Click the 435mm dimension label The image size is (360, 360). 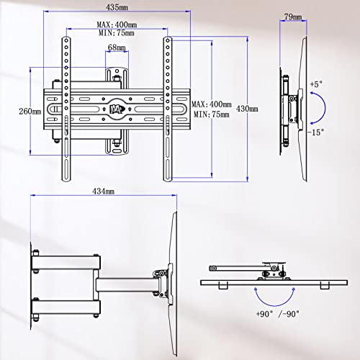(x=117, y=7)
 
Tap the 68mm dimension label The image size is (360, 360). (x=117, y=48)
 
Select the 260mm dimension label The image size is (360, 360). (x=30, y=112)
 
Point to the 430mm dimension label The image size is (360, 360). (x=247, y=109)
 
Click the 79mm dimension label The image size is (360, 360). (x=293, y=17)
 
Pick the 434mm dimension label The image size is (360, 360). (x=103, y=192)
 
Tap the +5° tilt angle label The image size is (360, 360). (x=316, y=84)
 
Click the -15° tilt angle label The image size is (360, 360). (x=316, y=132)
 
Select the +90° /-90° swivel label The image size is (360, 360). (x=278, y=314)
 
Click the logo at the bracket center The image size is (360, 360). (x=117, y=109)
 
